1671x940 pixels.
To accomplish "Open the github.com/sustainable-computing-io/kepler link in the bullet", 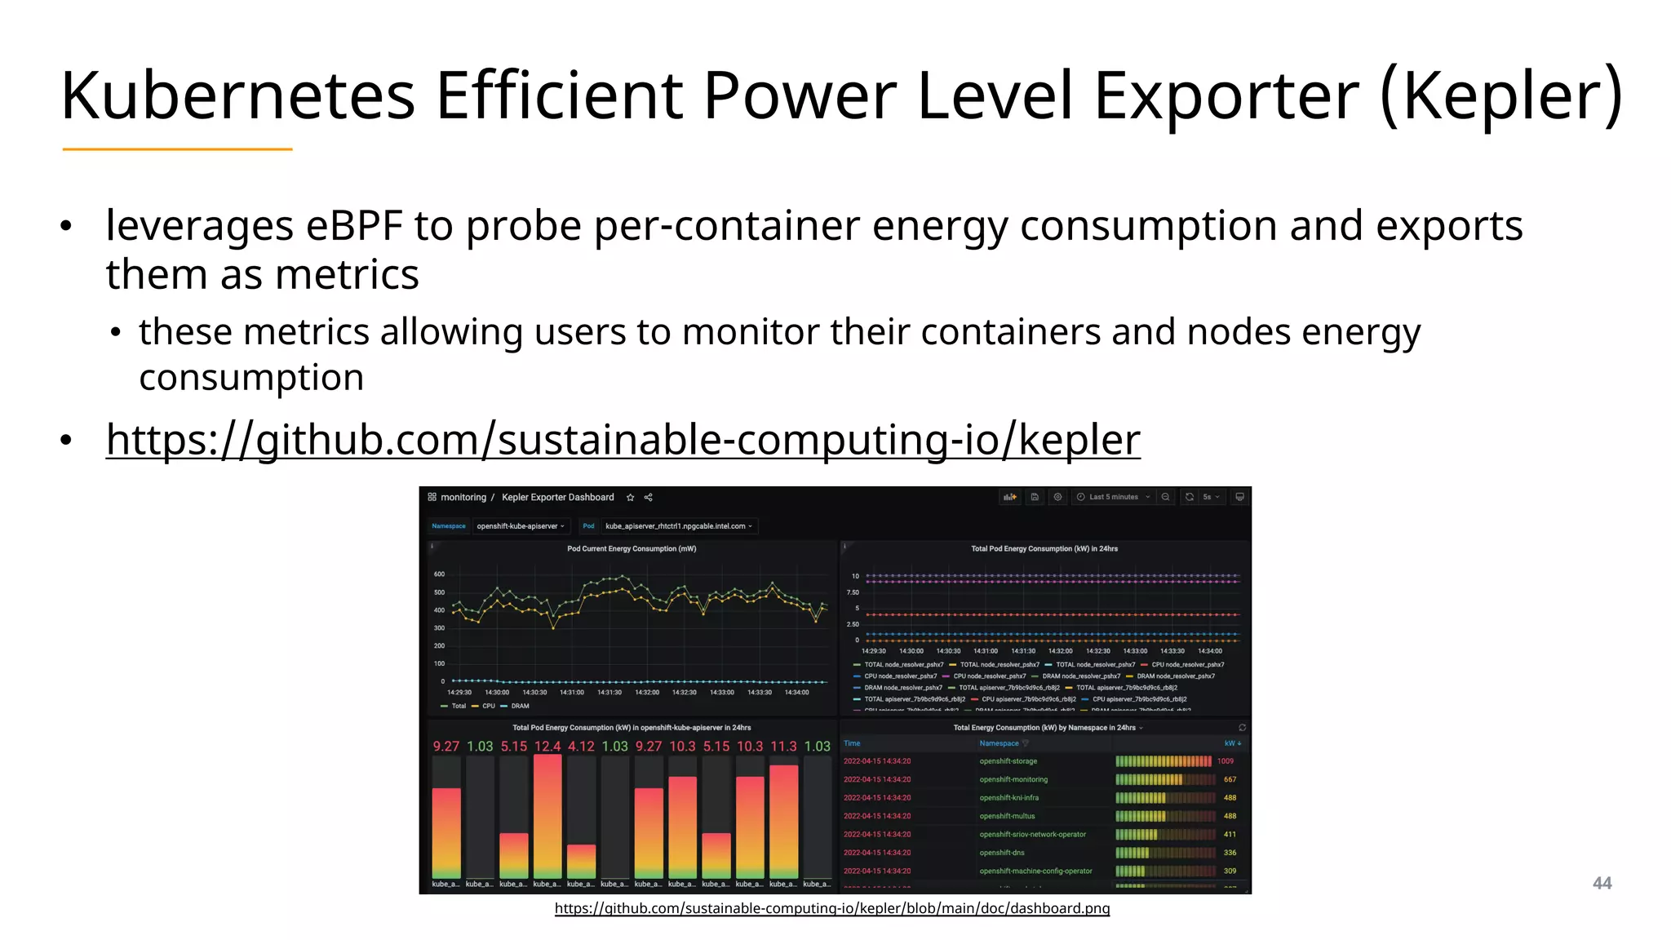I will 623,440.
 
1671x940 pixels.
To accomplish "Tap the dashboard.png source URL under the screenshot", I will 831,908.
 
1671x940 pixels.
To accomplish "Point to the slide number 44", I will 1602,884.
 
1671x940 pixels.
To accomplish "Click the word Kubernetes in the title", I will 237,95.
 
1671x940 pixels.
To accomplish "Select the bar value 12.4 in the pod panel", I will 547,747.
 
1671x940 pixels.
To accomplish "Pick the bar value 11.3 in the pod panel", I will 783,747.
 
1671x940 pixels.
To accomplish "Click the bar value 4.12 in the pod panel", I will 581,747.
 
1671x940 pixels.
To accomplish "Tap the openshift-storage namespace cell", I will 1008,761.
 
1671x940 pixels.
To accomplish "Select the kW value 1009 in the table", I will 1225,761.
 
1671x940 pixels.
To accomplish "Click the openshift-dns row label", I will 1002,853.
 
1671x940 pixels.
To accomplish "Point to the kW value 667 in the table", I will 1230,779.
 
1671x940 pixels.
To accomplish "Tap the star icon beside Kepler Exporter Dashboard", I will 630,498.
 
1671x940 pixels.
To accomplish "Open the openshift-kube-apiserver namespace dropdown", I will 521,526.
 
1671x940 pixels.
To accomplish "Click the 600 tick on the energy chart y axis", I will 439,574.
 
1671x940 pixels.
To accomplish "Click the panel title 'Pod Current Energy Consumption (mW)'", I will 632,549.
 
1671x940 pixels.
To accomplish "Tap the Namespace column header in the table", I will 999,743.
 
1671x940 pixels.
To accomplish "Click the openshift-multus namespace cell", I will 1007,816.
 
